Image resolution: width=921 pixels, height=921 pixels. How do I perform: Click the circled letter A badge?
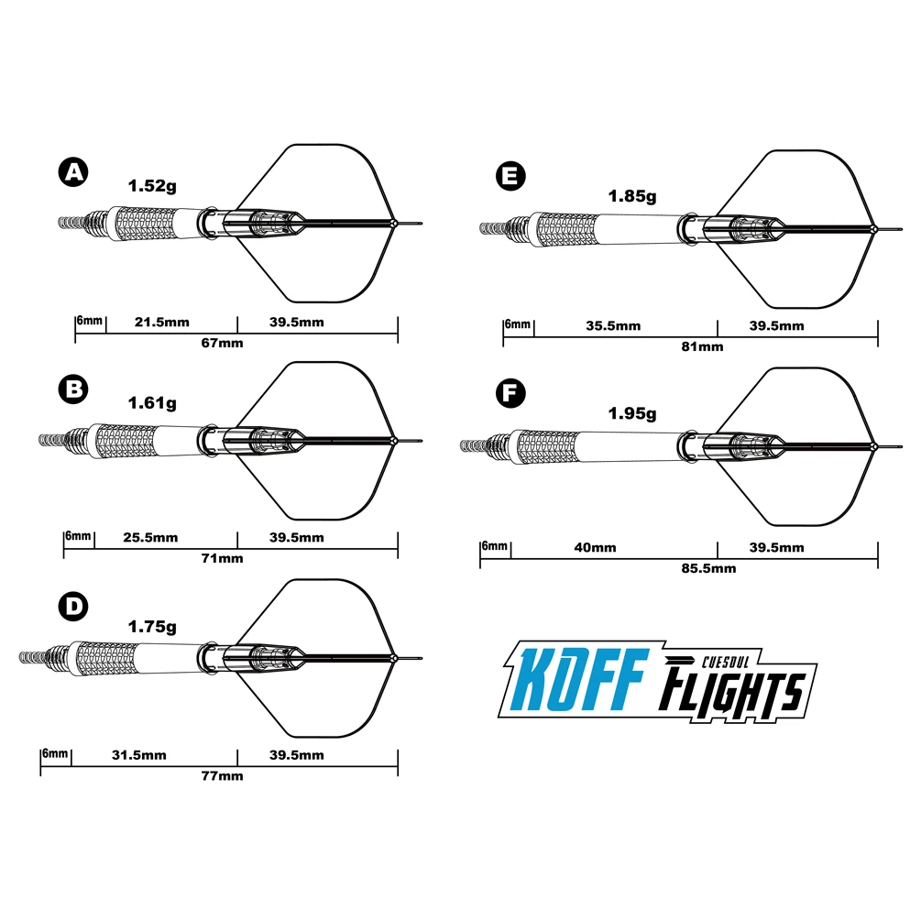[71, 172]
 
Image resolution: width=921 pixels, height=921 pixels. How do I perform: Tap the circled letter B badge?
[71, 389]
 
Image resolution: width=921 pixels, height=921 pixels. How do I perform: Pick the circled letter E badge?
[510, 177]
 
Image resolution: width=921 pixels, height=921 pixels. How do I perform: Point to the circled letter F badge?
[510, 394]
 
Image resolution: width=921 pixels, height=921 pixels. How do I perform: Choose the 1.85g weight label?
[632, 195]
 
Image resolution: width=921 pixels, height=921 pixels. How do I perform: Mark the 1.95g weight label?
[632, 414]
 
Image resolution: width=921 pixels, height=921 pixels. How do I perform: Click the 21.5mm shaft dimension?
[161, 323]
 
